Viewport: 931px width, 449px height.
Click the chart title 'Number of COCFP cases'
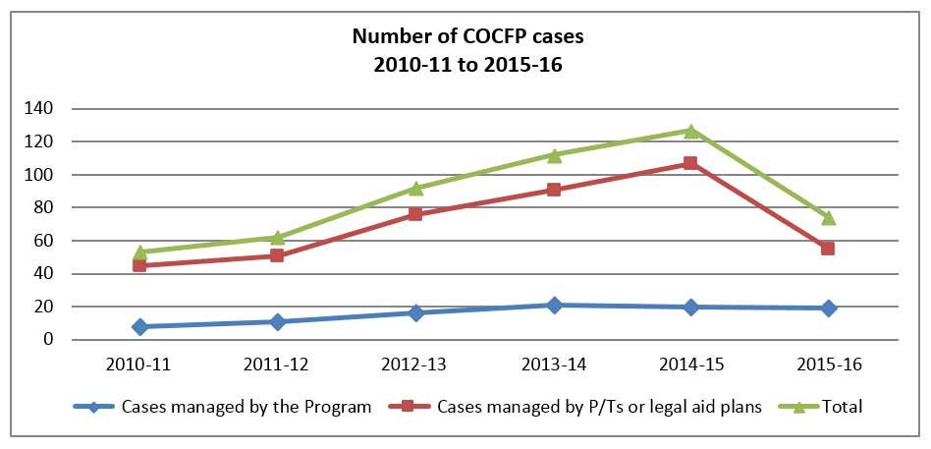tap(465, 37)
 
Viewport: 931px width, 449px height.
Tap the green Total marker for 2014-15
tap(690, 131)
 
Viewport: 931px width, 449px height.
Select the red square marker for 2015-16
tap(828, 249)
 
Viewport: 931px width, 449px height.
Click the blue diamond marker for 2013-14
tap(554, 305)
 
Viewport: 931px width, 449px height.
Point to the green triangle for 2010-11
tap(140, 253)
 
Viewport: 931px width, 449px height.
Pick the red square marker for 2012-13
tap(415, 213)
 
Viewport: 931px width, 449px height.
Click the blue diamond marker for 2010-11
tap(140, 326)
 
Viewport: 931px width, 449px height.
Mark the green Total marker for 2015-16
tap(828, 217)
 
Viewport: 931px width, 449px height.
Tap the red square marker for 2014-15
tap(690, 163)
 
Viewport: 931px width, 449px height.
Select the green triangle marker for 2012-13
tap(415, 188)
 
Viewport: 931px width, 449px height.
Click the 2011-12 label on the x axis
tap(278, 365)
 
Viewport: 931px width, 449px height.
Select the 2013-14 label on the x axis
tap(553, 365)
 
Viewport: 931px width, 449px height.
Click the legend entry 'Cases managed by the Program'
tap(246, 407)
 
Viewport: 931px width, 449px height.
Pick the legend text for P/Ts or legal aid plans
tap(599, 407)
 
